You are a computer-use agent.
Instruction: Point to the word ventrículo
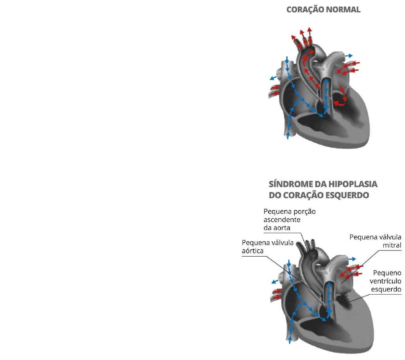pyautogui.click(x=385, y=281)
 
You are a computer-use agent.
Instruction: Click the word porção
pyautogui.click(x=304, y=212)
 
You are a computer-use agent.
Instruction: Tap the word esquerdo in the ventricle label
pyautogui.click(x=386, y=290)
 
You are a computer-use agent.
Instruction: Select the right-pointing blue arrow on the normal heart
pyautogui.click(x=348, y=56)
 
